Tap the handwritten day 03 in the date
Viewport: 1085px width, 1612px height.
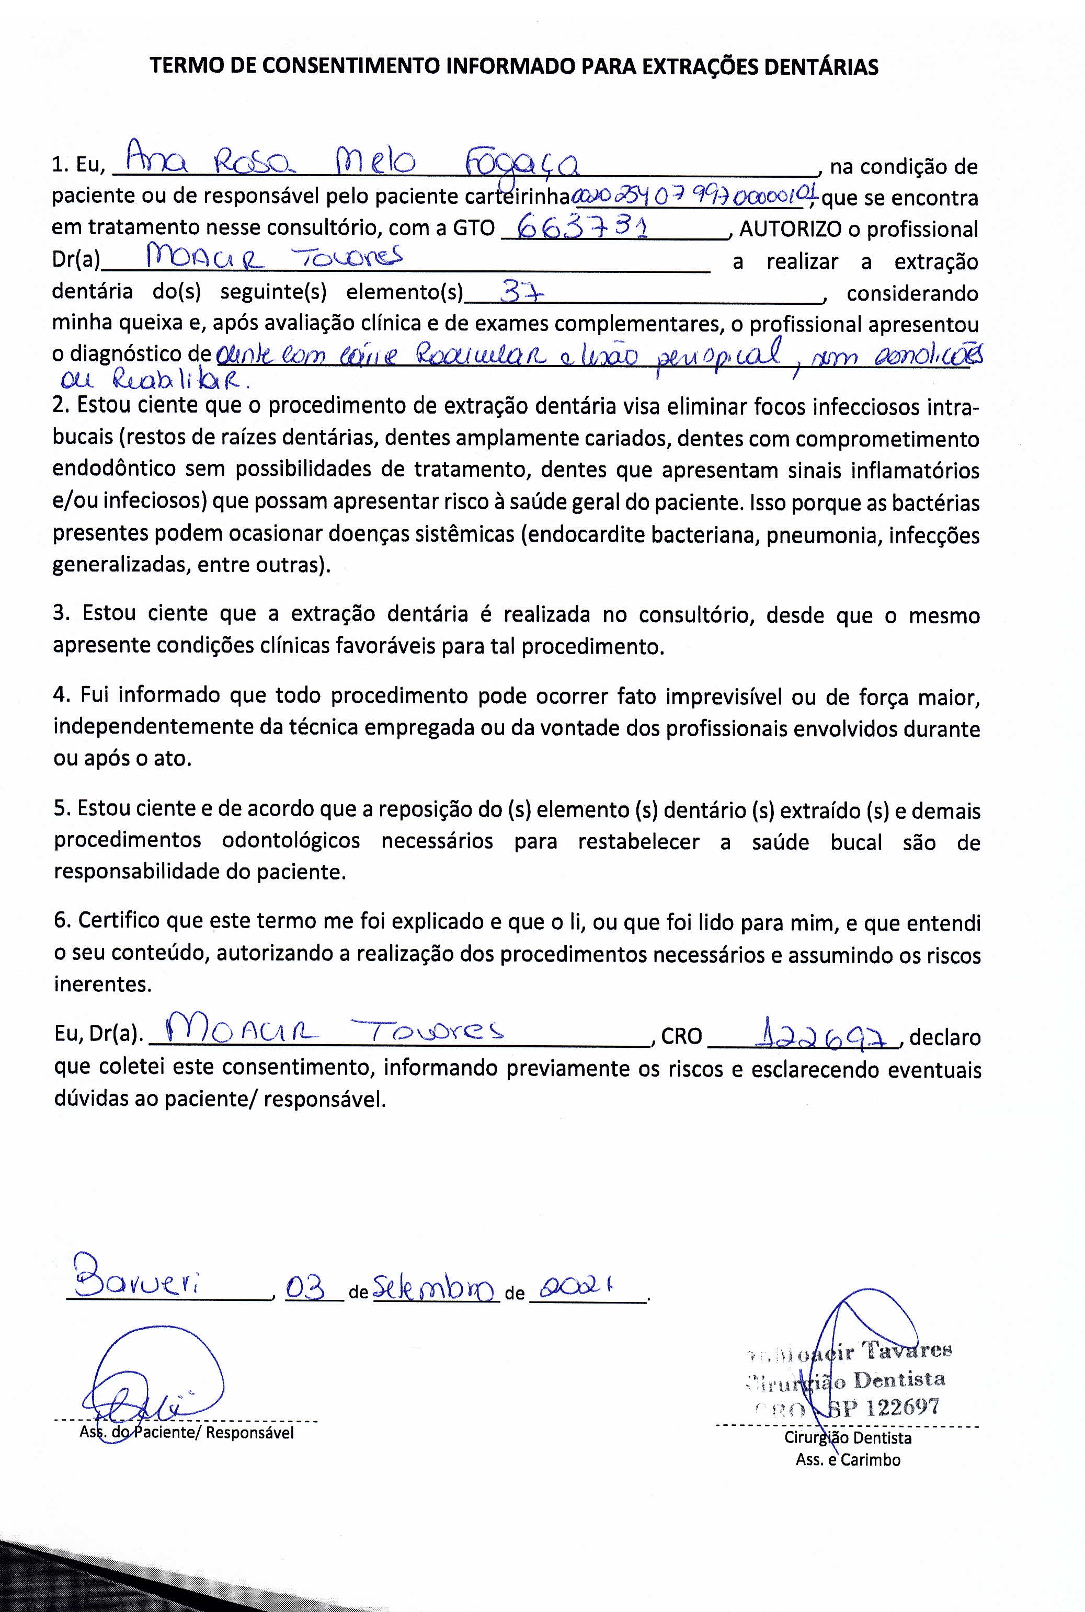[x=305, y=1288]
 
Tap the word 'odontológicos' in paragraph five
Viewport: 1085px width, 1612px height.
[x=291, y=841]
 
